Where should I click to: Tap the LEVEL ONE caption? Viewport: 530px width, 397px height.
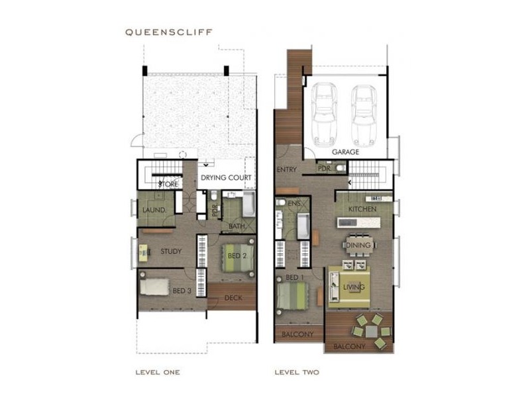pos(157,373)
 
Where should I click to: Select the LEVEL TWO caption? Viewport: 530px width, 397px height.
pos(297,373)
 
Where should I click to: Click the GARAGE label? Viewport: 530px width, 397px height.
pos(345,152)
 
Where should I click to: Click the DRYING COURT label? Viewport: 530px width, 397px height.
pos(226,178)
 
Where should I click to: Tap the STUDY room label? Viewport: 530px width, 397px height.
pos(171,251)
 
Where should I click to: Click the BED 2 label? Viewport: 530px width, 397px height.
pos(237,255)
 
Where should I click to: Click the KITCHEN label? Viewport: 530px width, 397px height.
pos(362,209)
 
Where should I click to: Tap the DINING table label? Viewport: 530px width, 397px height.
pos(358,245)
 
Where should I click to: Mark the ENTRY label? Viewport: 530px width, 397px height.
pos(287,169)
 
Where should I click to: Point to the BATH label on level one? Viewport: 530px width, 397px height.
pos(237,226)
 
